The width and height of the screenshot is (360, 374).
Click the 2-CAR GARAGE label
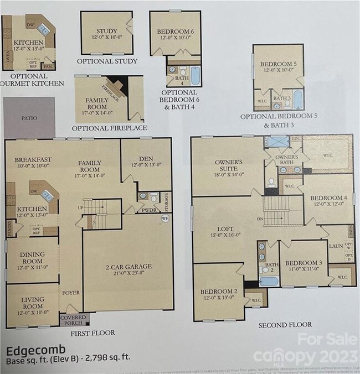pos(128,266)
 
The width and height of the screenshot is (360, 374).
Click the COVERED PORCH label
pos(72,319)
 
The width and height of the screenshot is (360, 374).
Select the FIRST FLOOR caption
pos(92,333)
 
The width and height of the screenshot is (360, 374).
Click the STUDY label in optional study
pos(106,31)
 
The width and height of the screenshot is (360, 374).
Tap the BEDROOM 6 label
pos(176,31)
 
